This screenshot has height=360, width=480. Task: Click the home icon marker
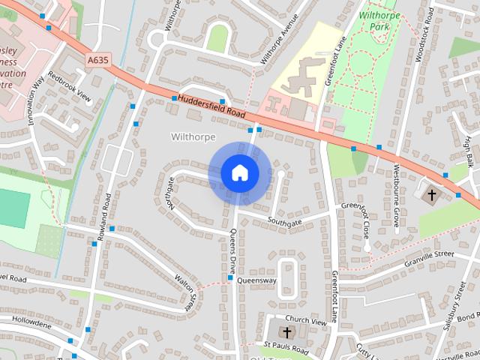(240, 173)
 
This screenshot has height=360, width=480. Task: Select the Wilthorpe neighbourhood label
(193, 137)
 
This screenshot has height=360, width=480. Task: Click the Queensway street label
(256, 280)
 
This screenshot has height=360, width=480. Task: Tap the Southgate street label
(284, 222)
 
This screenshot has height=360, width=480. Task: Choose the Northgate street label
(171, 193)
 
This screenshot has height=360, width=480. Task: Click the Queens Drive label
(232, 253)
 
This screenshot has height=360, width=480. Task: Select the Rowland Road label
(103, 216)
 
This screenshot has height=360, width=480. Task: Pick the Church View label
(307, 320)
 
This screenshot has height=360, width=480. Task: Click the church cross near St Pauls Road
(286, 331)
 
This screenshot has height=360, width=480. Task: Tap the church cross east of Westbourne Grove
(431, 195)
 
